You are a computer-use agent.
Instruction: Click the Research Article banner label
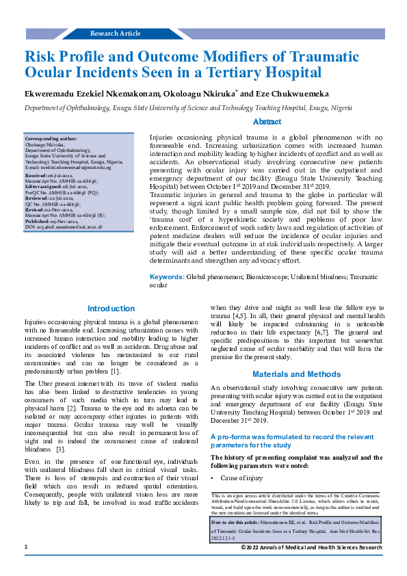pos(115,33)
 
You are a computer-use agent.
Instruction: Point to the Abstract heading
pos(267,121)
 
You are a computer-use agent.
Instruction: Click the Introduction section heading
pos(111,309)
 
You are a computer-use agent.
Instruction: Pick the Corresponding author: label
pos(51,138)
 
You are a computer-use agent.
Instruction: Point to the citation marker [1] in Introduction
pos(116,371)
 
